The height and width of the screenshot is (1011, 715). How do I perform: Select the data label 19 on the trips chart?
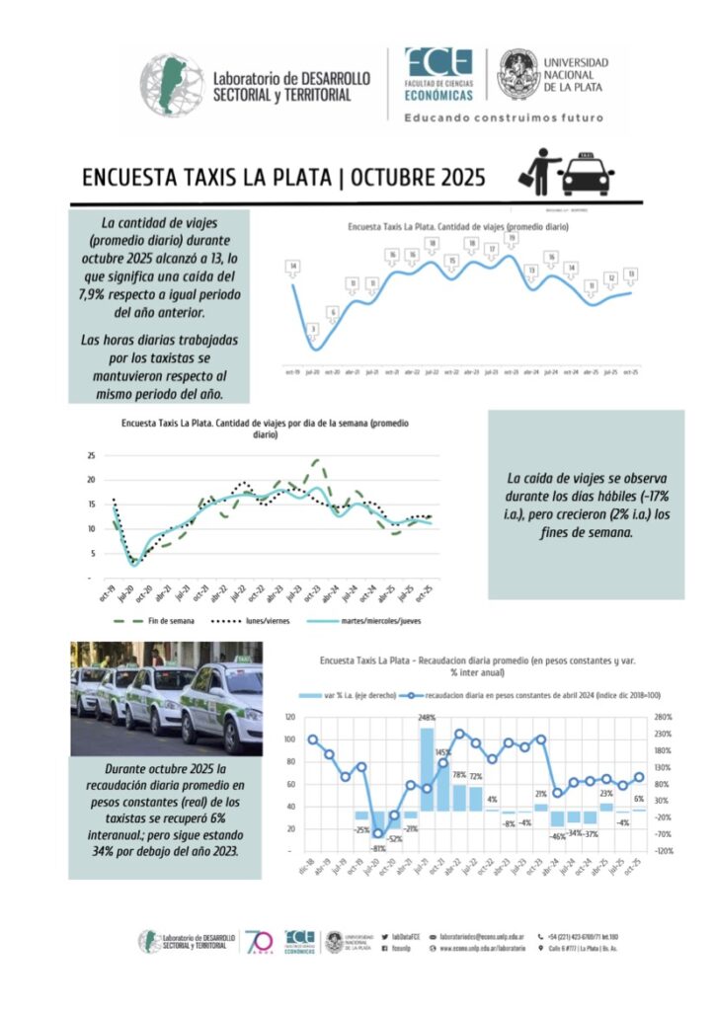point(512,238)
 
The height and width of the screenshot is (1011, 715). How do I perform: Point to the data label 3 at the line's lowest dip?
point(313,329)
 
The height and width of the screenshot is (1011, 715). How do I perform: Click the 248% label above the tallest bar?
point(428,718)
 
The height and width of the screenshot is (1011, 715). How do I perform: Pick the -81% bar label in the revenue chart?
point(378,849)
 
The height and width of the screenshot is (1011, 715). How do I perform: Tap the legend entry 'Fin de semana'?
point(152,622)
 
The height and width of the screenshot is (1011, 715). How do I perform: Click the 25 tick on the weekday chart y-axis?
point(90,455)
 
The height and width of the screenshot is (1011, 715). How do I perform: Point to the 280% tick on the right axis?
point(663,717)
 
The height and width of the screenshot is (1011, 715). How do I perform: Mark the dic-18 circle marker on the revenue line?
point(313,739)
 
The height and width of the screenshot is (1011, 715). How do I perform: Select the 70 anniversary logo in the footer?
point(258,940)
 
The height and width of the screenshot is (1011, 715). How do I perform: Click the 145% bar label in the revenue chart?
point(443,752)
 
